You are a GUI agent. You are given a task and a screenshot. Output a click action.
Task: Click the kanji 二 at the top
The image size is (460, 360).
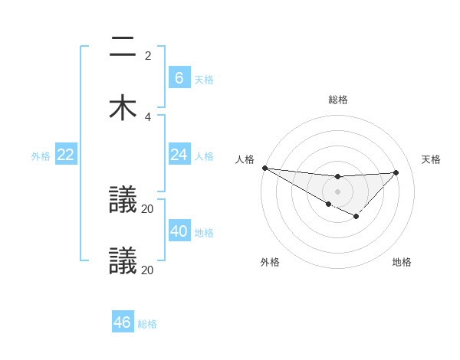123,47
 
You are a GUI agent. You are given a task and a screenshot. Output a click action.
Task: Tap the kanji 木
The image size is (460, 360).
123,107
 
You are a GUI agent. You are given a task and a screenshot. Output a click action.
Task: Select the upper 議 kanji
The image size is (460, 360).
123,201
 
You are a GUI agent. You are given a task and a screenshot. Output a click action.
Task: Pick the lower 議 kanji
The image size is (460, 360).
123,260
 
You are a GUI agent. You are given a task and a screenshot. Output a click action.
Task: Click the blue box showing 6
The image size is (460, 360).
179,77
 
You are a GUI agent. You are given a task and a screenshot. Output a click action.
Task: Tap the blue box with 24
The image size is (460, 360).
179,155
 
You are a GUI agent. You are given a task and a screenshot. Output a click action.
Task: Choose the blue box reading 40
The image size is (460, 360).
179,231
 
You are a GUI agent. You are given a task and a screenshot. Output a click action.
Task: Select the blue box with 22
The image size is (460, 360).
66,155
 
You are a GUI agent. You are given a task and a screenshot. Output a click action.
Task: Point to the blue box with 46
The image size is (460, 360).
123,322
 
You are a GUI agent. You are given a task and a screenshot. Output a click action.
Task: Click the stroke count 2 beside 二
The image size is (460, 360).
148,56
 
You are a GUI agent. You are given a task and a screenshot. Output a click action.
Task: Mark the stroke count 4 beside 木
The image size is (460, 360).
148,116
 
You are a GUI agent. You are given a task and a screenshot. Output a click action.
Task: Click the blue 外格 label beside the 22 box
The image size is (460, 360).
41,156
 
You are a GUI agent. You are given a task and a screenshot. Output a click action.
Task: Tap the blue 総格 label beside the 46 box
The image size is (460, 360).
147,324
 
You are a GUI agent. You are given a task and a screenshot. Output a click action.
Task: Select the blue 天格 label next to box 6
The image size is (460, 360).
203,79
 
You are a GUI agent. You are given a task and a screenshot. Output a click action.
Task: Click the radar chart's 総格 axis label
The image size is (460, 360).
338,100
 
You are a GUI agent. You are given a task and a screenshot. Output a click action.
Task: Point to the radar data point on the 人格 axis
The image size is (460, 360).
264,168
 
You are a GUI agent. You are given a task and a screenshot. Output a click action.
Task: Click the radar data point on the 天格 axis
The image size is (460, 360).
396,172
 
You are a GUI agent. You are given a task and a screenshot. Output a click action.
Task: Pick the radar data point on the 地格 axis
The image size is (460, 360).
356,217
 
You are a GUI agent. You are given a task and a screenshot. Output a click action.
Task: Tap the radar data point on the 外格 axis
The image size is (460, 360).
329,204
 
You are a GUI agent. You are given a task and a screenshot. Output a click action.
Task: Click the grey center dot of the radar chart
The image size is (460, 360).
338,191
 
